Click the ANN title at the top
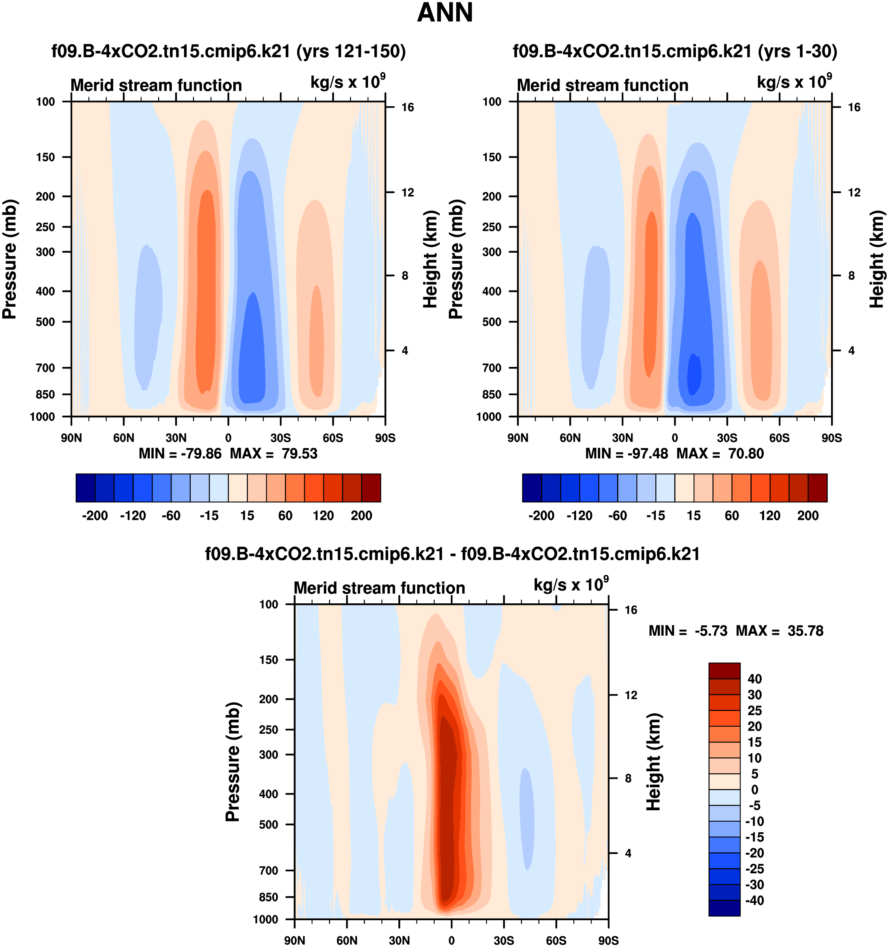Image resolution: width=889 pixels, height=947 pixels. pyautogui.click(x=444, y=13)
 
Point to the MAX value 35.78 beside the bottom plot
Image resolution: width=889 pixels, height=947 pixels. pyautogui.click(x=805, y=631)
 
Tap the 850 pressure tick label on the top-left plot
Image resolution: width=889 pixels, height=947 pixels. pyautogui.click(x=46, y=394)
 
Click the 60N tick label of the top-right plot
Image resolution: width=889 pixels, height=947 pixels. pyautogui.click(x=570, y=438)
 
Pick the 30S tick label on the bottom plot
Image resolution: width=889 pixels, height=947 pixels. pyautogui.click(x=504, y=940)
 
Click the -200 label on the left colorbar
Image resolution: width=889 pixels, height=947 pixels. pyautogui.click(x=95, y=515)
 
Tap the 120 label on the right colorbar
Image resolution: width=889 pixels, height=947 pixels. pyautogui.click(x=770, y=515)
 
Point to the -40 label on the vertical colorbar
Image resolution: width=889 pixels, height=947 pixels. pyautogui.click(x=754, y=901)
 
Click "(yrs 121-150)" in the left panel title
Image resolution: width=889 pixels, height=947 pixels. pyautogui.click(x=351, y=51)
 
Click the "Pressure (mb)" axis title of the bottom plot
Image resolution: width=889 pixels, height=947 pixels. pyautogui.click(x=232, y=761)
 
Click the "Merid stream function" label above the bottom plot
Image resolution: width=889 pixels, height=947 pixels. pyautogui.click(x=379, y=588)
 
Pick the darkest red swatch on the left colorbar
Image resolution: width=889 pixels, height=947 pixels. pyautogui.click(x=371, y=488)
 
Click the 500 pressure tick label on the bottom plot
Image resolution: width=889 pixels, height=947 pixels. pyautogui.click(x=269, y=824)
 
